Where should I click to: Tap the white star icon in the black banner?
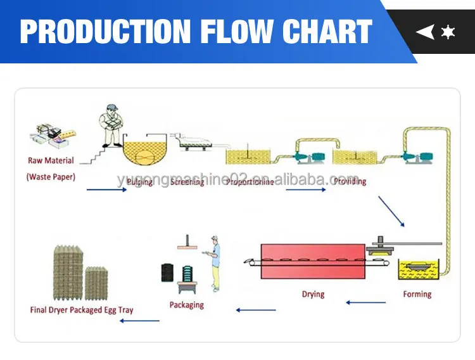[448, 32]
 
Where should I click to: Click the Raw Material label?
[51, 161]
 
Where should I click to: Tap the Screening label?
[187, 182]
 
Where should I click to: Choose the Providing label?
[349, 182]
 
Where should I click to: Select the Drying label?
[313, 294]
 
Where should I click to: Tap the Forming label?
[417, 294]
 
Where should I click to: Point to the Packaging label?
[187, 305]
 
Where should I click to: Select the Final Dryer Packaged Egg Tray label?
[82, 310]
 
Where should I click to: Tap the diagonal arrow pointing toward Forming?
[391, 210]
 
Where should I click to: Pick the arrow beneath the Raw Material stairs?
[106, 189]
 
